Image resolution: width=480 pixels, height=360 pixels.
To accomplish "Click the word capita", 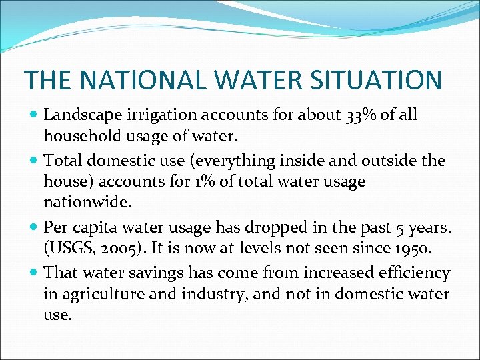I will point(93,228).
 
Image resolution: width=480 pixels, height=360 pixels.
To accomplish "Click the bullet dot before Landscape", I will point(34,115).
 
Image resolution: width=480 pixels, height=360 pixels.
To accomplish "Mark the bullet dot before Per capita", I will point(34,227).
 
